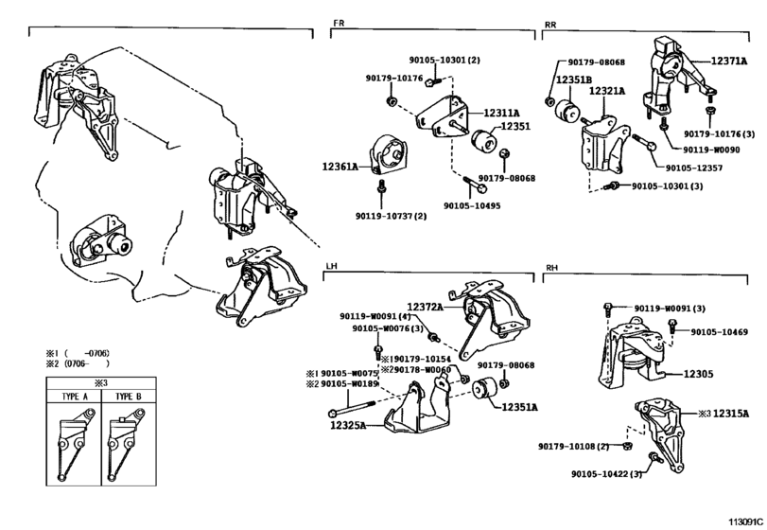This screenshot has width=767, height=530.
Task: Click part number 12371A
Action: pyautogui.click(x=729, y=62)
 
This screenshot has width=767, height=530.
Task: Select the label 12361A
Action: pyautogui.click(x=340, y=167)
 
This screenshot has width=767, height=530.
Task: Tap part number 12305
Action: pyautogui.click(x=698, y=374)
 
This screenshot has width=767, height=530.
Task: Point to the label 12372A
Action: pyautogui.click(x=425, y=307)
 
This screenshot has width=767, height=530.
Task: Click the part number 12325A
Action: pyautogui.click(x=348, y=425)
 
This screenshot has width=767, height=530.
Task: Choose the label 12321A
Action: pyautogui.click(x=607, y=91)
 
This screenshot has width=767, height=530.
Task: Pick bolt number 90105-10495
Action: pyautogui.click(x=472, y=206)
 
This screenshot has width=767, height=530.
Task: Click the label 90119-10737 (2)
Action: pyautogui.click(x=391, y=216)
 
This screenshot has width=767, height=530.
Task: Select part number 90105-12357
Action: pyautogui.click(x=693, y=168)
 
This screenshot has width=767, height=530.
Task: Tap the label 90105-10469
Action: pyautogui.click(x=719, y=332)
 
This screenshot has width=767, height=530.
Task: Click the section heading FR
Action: pyautogui.click(x=339, y=23)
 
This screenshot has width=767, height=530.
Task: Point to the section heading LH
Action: pyautogui.click(x=332, y=266)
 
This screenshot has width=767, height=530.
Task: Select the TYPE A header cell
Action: pyautogui.click(x=75, y=397)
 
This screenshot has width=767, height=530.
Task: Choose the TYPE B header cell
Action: pyautogui.click(x=129, y=397)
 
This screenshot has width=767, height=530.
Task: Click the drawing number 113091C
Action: pyautogui.click(x=745, y=521)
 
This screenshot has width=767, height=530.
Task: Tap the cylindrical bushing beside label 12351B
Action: pyautogui.click(x=567, y=110)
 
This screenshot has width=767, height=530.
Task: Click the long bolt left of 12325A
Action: pyautogui.click(x=352, y=407)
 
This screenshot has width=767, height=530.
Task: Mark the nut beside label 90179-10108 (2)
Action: pyautogui.click(x=629, y=446)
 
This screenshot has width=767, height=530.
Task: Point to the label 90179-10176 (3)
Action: pyautogui.click(x=719, y=133)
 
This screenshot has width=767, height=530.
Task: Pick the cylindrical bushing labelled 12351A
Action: pyautogui.click(x=485, y=389)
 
